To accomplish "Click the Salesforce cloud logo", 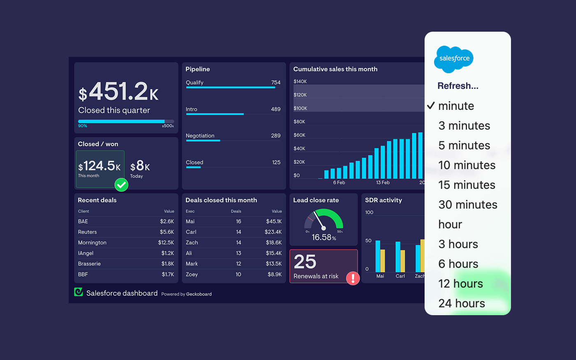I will (x=454, y=59).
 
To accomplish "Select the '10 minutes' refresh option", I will (x=467, y=165).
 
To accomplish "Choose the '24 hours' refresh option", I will (x=462, y=303).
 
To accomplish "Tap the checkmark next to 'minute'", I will (x=431, y=106).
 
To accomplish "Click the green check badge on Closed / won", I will (x=121, y=185).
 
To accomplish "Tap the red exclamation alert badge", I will (x=353, y=278).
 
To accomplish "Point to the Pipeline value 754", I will (x=276, y=82).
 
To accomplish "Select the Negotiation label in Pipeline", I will (x=200, y=136).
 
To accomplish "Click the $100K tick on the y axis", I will (x=300, y=108).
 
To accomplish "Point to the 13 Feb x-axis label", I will (x=383, y=183).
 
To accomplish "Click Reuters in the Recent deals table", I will (x=88, y=232).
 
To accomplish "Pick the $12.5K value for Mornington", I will (x=166, y=243).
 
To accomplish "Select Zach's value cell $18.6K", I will (x=274, y=243).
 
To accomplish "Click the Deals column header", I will (x=236, y=211).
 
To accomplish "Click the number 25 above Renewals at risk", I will (x=305, y=262).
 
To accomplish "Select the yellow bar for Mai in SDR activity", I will (x=383, y=261).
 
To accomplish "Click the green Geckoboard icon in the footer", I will (x=78, y=292).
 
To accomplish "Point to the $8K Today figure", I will (x=140, y=166).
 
